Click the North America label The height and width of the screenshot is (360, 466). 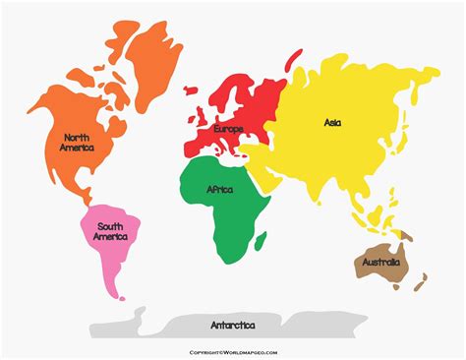pyautogui.click(x=77, y=142)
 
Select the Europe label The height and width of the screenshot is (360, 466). pyautogui.click(x=228, y=129)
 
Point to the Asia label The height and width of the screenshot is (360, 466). pyautogui.click(x=332, y=122)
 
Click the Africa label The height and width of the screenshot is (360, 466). pyautogui.click(x=220, y=189)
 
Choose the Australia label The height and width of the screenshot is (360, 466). pyautogui.click(x=381, y=262)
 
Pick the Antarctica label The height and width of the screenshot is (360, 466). pyautogui.click(x=233, y=325)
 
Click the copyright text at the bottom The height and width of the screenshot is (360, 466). pyautogui.click(x=233, y=351)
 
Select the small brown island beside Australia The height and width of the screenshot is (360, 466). pyautogui.click(x=420, y=286)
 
